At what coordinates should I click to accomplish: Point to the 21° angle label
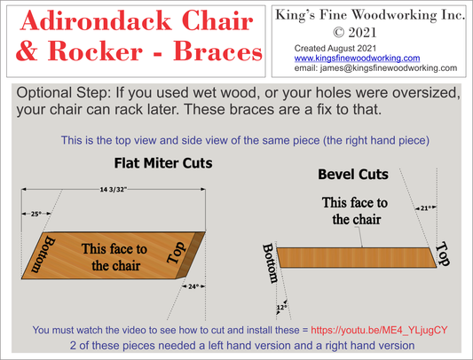[426, 208]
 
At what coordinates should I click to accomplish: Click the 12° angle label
[282, 306]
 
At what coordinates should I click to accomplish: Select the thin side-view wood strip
[355, 257]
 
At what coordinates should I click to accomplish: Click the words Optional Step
[67, 93]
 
